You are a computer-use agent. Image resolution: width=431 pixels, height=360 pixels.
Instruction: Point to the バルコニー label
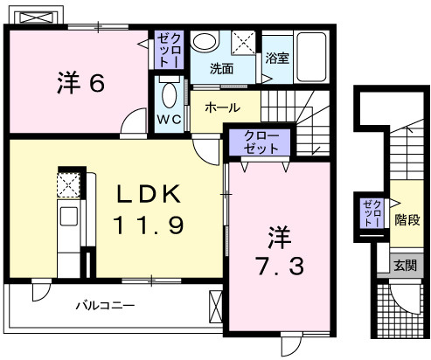point(104,307)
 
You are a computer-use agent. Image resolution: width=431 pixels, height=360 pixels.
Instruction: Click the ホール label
point(223,107)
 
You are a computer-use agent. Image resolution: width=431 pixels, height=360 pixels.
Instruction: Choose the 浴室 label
point(277,59)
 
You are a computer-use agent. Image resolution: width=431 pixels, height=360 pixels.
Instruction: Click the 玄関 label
point(403,265)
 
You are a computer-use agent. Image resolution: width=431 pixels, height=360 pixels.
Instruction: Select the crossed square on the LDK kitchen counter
point(68,185)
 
